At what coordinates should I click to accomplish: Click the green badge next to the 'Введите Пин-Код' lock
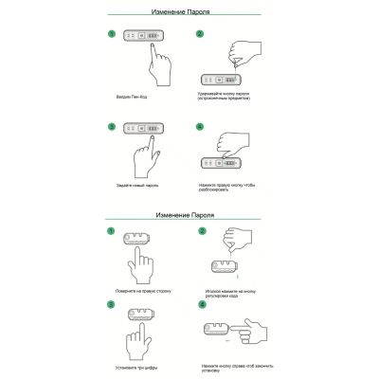tap(112, 35)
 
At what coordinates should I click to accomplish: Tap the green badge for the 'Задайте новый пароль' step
tap(112, 126)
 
